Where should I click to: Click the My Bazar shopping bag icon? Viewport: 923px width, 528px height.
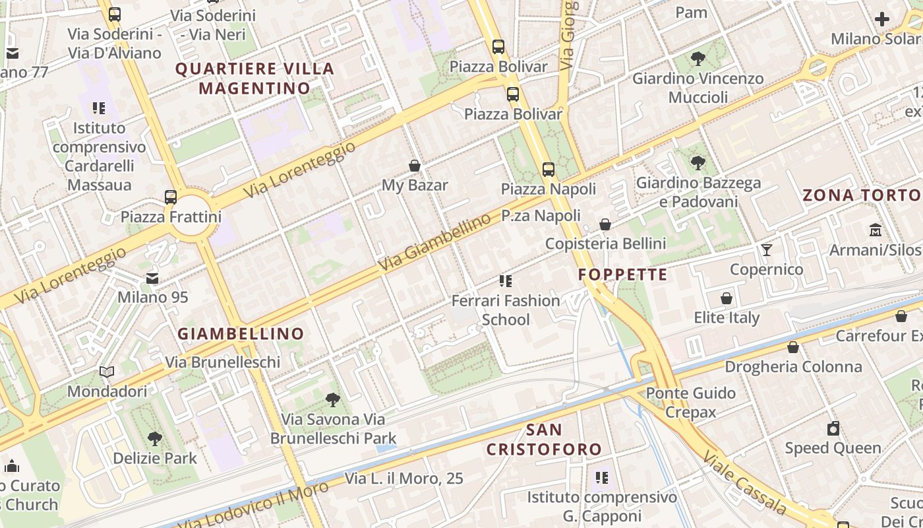[415, 166]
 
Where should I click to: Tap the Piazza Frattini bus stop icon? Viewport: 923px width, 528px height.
[171, 197]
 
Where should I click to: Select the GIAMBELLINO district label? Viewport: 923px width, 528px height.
[241, 334]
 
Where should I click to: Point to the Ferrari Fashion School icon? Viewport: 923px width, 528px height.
[506, 281]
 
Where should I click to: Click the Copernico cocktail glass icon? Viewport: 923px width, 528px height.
[766, 250]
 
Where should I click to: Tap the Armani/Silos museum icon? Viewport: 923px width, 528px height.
[876, 230]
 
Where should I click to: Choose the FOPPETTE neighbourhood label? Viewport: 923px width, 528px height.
[623, 275]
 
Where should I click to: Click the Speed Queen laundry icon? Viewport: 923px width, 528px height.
[833, 428]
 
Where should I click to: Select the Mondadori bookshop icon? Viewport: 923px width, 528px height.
[107, 372]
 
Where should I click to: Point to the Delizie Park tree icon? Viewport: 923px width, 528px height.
[155, 438]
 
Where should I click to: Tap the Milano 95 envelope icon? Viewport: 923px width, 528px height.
[152, 278]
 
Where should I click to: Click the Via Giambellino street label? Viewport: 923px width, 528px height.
[435, 244]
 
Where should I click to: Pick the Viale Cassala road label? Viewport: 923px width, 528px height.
[744, 482]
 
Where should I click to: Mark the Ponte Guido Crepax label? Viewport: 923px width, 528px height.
[690, 403]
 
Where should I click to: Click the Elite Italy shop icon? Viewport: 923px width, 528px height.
[727, 298]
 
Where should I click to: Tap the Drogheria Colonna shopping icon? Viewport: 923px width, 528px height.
[793, 347]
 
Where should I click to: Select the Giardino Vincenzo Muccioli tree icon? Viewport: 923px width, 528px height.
[698, 59]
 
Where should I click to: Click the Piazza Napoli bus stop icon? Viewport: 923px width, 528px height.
[548, 170]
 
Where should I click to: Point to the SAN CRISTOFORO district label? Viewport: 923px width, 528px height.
[545, 440]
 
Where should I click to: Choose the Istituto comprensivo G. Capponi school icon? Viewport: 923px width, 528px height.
[601, 477]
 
